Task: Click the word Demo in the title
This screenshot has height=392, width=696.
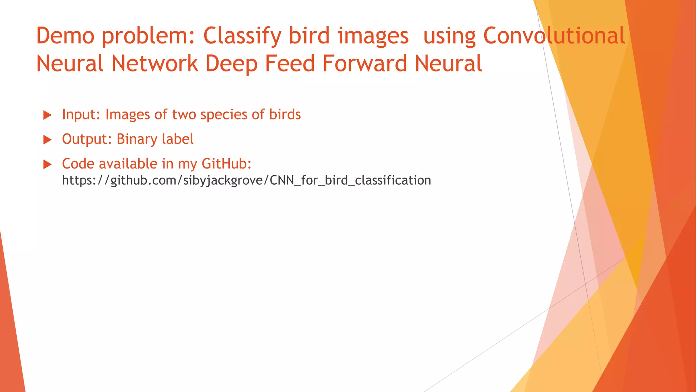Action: tap(65, 36)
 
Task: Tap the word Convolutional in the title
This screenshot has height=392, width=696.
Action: tap(554, 36)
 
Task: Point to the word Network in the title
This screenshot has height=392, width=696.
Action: tap(155, 64)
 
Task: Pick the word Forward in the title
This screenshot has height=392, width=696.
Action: tap(365, 64)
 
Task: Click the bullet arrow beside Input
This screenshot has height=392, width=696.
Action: tap(47, 115)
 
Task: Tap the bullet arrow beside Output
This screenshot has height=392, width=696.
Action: tap(47, 140)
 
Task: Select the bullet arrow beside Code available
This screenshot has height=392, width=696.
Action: tap(47, 165)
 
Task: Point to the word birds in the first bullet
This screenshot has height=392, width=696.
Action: tap(285, 114)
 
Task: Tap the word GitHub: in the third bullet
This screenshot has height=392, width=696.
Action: tap(226, 164)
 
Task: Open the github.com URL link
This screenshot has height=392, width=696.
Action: tap(246, 180)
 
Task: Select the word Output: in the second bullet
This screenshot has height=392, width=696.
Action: tap(87, 140)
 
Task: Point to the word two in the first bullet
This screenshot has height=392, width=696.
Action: tap(184, 115)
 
